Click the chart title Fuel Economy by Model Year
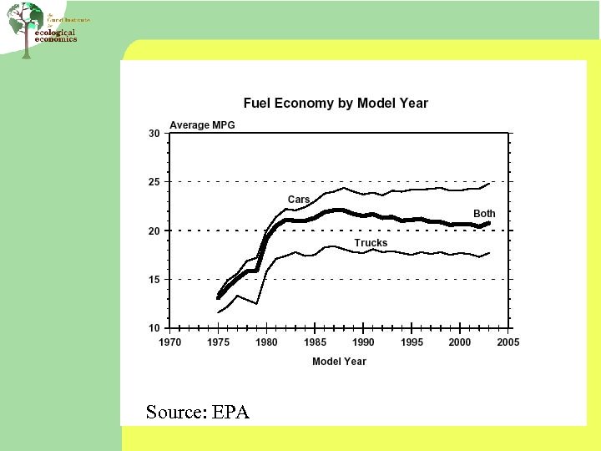(x=336, y=104)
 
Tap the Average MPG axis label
(x=202, y=125)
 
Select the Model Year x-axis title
(x=339, y=362)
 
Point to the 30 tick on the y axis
(x=154, y=134)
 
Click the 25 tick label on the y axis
(x=154, y=182)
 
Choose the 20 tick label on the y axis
(x=154, y=231)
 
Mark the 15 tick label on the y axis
(x=154, y=280)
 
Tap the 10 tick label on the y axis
(x=154, y=329)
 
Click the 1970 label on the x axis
(x=169, y=342)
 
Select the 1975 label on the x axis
(x=218, y=342)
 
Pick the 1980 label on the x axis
(x=266, y=342)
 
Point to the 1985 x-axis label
(x=315, y=342)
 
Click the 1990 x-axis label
(x=363, y=342)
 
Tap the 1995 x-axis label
(x=412, y=342)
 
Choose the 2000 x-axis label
(x=460, y=342)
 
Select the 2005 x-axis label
(x=508, y=342)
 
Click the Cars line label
(x=299, y=200)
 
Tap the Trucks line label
(x=371, y=243)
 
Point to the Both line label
(x=484, y=214)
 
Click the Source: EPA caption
(x=197, y=412)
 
